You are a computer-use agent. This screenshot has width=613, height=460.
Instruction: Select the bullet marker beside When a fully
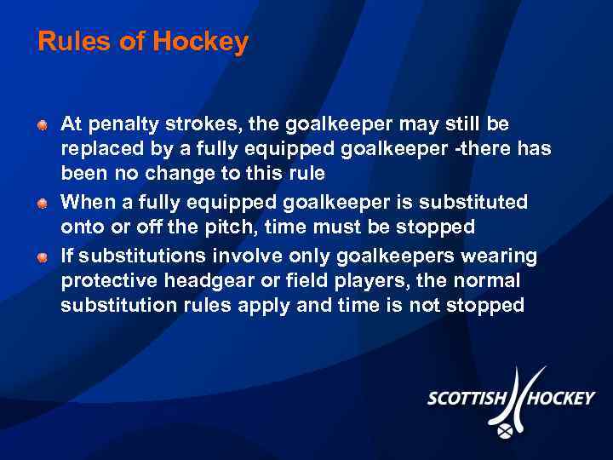point(42,204)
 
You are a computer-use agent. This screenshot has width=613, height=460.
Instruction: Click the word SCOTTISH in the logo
point(467,399)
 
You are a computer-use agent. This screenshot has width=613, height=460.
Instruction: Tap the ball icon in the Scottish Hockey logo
point(506,432)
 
